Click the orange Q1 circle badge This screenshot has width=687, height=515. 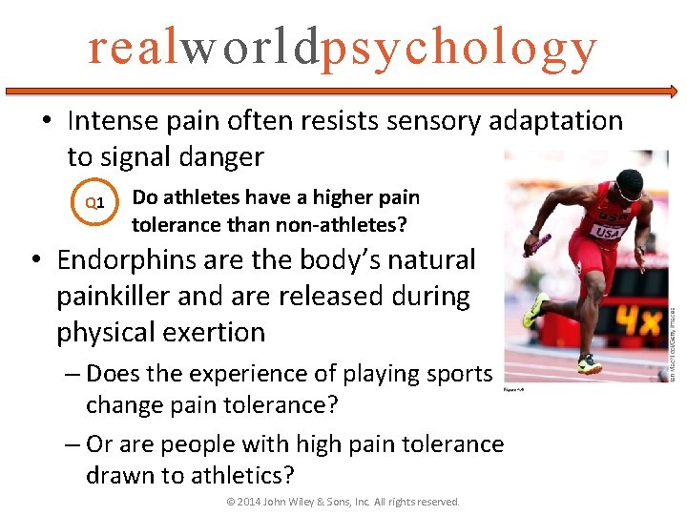click(x=94, y=203)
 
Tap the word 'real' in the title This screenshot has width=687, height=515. click(x=134, y=47)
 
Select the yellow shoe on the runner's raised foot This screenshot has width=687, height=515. click(x=535, y=310)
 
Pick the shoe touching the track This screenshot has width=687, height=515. click(x=590, y=364)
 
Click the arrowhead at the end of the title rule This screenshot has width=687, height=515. click(x=671, y=92)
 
